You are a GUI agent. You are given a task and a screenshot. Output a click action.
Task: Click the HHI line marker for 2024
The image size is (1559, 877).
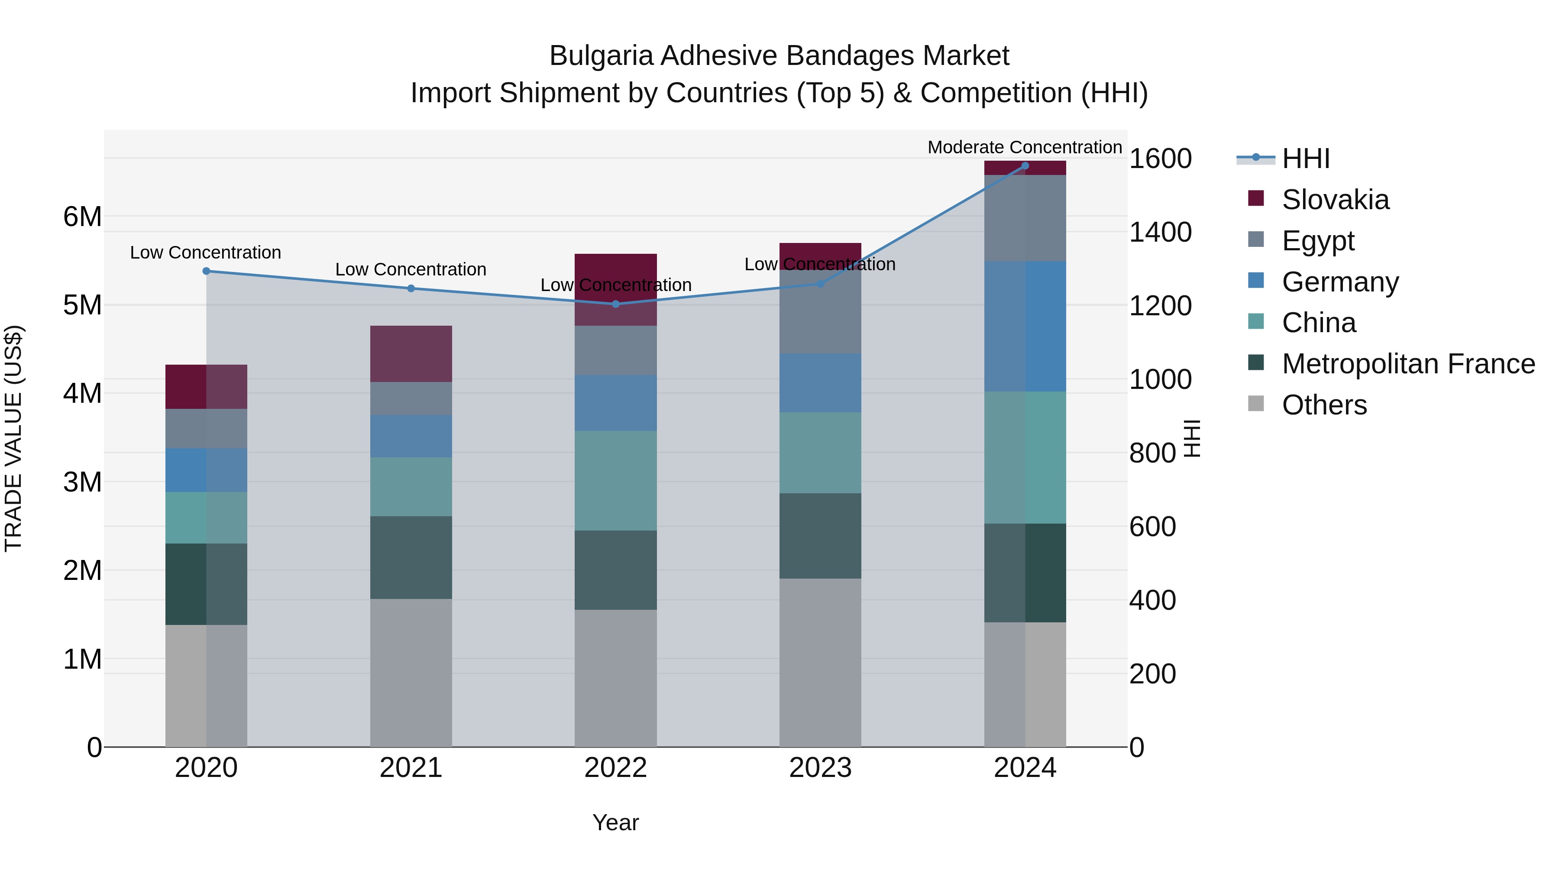tap(1025, 165)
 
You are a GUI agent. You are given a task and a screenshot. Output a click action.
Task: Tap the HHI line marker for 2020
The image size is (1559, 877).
tap(207, 271)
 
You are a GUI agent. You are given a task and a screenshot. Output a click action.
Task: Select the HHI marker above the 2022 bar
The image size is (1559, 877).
tap(615, 304)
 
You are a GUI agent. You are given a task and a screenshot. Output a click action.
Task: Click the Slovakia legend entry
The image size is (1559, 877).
tap(1335, 200)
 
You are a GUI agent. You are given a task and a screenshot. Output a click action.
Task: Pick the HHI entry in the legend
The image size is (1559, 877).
tap(1305, 159)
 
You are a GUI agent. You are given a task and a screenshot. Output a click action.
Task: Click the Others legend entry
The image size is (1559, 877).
tap(1323, 405)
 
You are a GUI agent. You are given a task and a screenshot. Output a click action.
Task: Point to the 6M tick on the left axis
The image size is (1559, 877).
tap(82, 217)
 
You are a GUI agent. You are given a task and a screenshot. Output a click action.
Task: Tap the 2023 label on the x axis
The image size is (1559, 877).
tap(820, 768)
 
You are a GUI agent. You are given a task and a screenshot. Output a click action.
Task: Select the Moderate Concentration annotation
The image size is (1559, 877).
tap(1025, 147)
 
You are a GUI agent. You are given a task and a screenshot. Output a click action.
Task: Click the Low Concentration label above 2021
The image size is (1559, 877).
tap(411, 269)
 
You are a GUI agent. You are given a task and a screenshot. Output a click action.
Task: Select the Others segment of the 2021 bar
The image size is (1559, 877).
tap(411, 672)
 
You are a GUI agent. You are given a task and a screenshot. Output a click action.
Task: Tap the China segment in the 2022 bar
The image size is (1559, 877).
tap(615, 481)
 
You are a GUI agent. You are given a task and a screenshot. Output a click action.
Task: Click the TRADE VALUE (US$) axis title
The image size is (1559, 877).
tap(13, 438)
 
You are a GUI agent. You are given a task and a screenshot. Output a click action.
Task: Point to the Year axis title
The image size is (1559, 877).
tap(615, 822)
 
